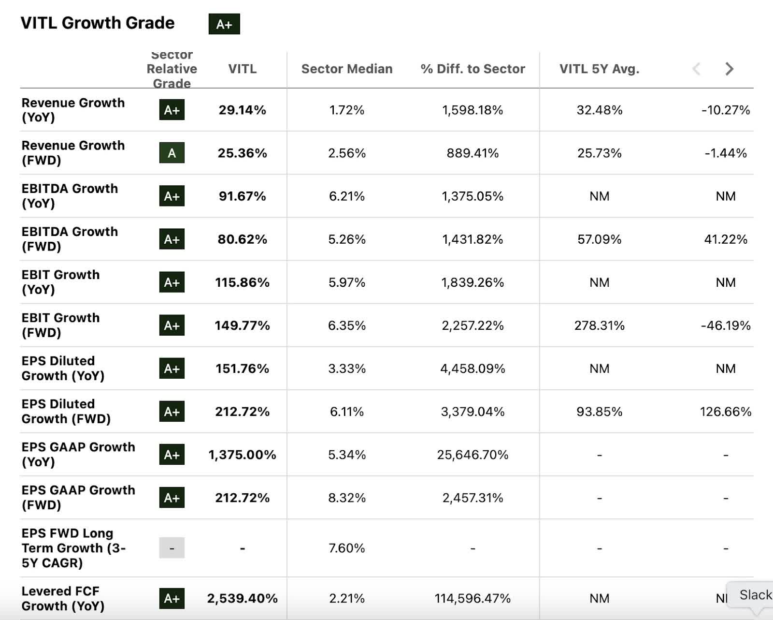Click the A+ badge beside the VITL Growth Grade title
224,24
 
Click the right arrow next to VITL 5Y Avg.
729,69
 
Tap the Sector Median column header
347,69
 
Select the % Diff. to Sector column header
472,69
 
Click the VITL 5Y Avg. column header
599,69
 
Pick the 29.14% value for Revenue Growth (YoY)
242,110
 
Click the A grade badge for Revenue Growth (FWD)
172,153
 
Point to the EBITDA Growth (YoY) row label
70,196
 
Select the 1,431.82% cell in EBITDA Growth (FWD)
472,239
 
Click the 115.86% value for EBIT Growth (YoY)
242,282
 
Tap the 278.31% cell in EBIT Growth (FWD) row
599,325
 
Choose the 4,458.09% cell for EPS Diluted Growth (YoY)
472,369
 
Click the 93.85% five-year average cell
599,412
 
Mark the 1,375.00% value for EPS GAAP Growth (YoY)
242,455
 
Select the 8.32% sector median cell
347,498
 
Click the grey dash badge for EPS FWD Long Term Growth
172,548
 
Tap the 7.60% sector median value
347,548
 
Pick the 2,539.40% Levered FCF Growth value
242,598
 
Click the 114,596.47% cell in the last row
472,598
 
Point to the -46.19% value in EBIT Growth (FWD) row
725,325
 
